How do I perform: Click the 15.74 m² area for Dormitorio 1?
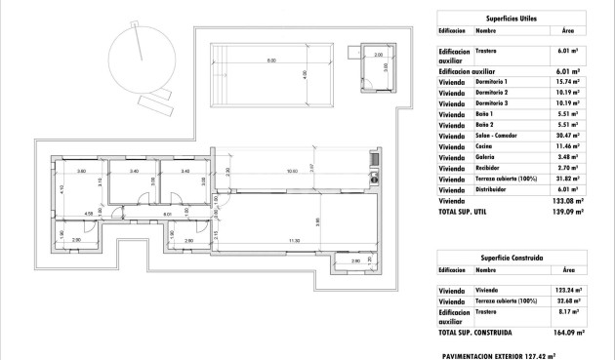[x=568, y=82]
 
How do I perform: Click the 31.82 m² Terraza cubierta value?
[x=568, y=179]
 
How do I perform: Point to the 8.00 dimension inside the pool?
[x=270, y=61]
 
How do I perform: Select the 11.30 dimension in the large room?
[x=293, y=240]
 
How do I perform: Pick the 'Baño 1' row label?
[x=487, y=114]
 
